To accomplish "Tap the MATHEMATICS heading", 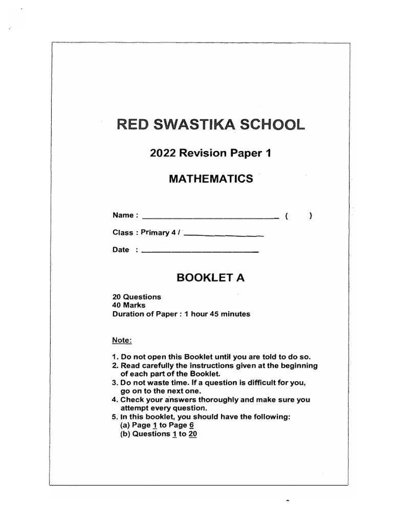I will pos(211,179).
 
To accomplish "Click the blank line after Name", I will pos(209,217).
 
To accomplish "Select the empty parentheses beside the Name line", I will pos(299,216).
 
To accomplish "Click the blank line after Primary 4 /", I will pos(223,235).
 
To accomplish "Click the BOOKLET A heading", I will pos(210,278).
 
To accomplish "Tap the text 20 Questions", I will pos(137,297).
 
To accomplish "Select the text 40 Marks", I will pos(129,305).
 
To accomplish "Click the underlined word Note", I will pos(122,340).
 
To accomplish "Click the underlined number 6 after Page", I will pos(191,425).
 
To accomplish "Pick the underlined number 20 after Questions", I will pos(193,434).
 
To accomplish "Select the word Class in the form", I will pos(123,233).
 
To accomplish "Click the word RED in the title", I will pos(133,124).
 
